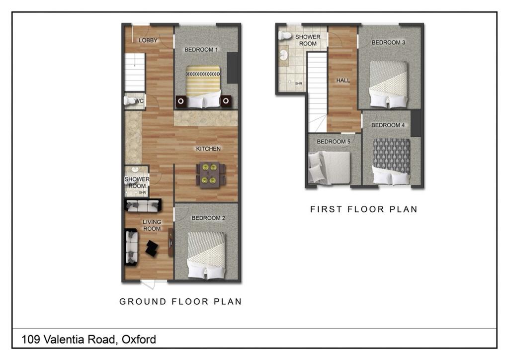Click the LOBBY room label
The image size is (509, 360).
click(x=148, y=40)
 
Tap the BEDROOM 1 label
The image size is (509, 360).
click(x=201, y=49)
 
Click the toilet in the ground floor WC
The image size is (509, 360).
click(x=130, y=101)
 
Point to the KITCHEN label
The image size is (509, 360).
click(x=208, y=149)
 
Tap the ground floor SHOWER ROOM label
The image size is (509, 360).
click(x=137, y=182)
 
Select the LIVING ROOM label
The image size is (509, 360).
click(x=152, y=225)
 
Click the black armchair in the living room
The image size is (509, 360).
click(x=152, y=247)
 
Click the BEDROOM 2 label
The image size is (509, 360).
click(x=209, y=218)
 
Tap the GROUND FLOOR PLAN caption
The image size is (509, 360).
click(x=180, y=301)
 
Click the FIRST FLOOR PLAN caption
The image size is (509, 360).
click(x=363, y=209)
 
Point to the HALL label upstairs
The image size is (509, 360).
click(x=343, y=80)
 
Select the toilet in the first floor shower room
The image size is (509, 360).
click(x=285, y=36)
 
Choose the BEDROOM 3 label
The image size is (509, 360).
click(x=388, y=42)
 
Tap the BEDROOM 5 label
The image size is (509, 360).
click(x=334, y=142)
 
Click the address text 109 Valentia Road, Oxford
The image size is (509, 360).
click(x=89, y=340)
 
